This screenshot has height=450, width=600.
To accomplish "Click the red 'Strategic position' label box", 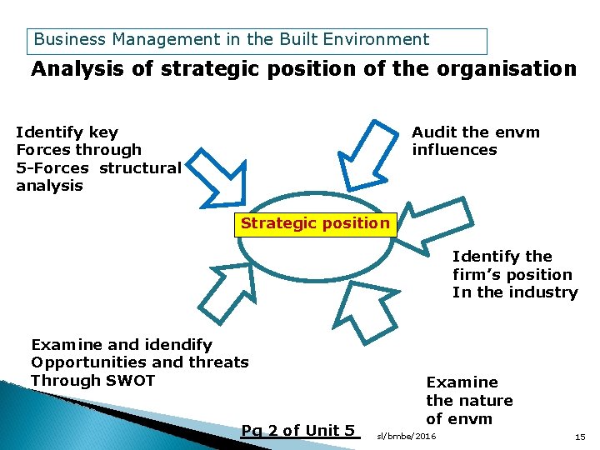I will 315,223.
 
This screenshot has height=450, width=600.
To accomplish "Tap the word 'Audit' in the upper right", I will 433,132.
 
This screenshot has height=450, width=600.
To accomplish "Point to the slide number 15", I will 580,436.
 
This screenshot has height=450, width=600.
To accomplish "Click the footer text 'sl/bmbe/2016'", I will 407,436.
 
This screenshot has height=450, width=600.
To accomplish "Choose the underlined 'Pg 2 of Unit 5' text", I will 298,431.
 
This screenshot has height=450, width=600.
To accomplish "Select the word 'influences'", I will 454,150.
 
